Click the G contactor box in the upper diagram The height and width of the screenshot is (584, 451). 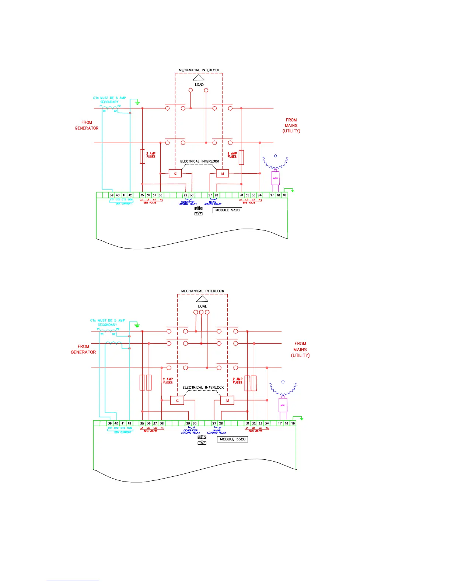tap(175, 173)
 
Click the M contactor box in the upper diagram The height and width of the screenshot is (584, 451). tap(223, 173)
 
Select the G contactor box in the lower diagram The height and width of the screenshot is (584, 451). tap(177, 400)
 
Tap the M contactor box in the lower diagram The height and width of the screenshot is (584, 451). tap(227, 400)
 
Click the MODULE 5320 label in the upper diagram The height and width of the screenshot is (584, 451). tap(227, 210)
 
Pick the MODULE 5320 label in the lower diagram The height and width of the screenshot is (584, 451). tap(233, 439)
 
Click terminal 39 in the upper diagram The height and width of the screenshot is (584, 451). tap(112, 195)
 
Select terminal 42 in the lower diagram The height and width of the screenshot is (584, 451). tap(129, 423)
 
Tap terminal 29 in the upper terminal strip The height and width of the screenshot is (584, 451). tap(185, 195)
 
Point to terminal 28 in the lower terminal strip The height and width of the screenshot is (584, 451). tap(221, 423)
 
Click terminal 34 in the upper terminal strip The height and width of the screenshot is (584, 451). tap(260, 195)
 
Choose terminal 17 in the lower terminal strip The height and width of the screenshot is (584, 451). tap(280, 423)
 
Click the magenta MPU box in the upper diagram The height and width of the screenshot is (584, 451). tap(275, 178)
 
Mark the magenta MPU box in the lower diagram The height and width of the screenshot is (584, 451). tap(283, 405)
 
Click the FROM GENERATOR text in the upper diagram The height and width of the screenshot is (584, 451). tap(87, 125)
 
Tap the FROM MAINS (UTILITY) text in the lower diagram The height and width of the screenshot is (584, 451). tap(300, 350)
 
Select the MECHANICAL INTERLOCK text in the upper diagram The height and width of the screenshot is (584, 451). tap(199, 70)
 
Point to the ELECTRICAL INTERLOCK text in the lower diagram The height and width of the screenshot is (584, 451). tap(203, 387)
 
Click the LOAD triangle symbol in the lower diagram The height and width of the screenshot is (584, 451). tap(202, 299)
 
